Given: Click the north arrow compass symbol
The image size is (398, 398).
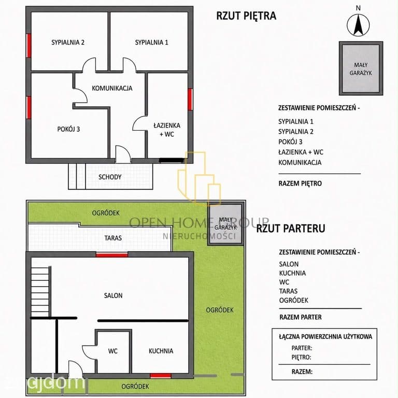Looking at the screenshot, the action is pyautogui.click(x=358, y=25).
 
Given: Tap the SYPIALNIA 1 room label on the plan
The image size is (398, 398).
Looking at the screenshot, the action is pyautogui.click(x=151, y=42).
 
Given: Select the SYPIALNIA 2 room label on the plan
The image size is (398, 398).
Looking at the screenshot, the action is pyautogui.click(x=68, y=42).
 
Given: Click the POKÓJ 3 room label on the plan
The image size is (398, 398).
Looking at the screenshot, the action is pyautogui.click(x=68, y=129).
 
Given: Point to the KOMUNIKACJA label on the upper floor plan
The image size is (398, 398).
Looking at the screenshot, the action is pyautogui.click(x=112, y=88).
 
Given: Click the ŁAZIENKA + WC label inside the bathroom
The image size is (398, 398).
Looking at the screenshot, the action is pyautogui.click(x=167, y=130).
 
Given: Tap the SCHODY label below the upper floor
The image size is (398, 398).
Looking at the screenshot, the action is pyautogui.click(x=110, y=177).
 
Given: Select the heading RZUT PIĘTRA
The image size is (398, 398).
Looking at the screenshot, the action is pyautogui.click(x=246, y=16).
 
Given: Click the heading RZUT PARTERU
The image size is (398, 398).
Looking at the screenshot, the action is pyautogui.click(x=290, y=229).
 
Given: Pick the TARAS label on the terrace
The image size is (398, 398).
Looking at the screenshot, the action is pyautogui.click(x=113, y=238).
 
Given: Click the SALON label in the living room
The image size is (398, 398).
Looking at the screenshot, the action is pyautogui.click(x=113, y=295).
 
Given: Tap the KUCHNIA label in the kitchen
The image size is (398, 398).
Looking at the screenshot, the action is pyautogui.click(x=161, y=351).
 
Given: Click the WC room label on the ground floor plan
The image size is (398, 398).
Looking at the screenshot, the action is pyautogui.click(x=112, y=351).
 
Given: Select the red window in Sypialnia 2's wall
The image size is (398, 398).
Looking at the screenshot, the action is pyautogui.click(x=29, y=46).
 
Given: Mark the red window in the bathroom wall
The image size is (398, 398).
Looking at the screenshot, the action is pyautogui.click(x=190, y=99).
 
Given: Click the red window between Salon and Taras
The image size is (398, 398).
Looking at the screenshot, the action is pyautogui.click(x=112, y=255).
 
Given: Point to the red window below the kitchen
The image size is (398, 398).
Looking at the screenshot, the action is pyautogui.click(x=161, y=376).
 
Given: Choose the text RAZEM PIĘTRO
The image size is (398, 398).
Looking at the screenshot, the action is pyautogui.click(x=300, y=183).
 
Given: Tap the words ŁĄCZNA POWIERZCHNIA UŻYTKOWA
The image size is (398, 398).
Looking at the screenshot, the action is pyautogui.click(x=325, y=336).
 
